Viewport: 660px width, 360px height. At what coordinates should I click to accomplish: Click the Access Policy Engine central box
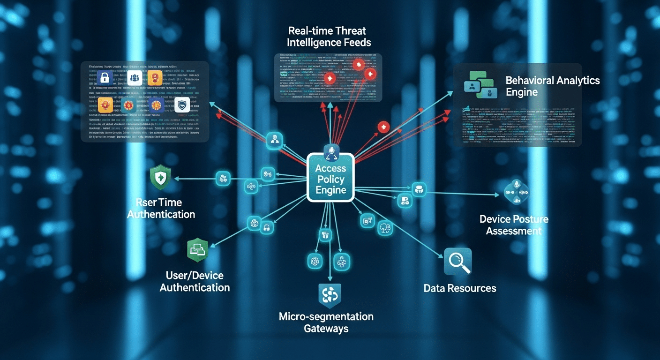pyautogui.click(x=330, y=179)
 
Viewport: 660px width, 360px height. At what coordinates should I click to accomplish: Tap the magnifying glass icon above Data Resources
pyautogui.click(x=457, y=262)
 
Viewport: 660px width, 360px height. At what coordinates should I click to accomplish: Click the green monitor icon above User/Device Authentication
pyautogui.click(x=197, y=249)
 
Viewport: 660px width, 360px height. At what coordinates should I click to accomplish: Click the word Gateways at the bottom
pyautogui.click(x=326, y=328)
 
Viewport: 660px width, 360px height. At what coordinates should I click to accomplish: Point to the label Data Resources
pyautogui.click(x=459, y=288)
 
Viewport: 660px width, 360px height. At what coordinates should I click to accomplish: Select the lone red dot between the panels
pyautogui.click(x=383, y=126)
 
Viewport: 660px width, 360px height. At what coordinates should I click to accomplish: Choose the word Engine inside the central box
pyautogui.click(x=331, y=190)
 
